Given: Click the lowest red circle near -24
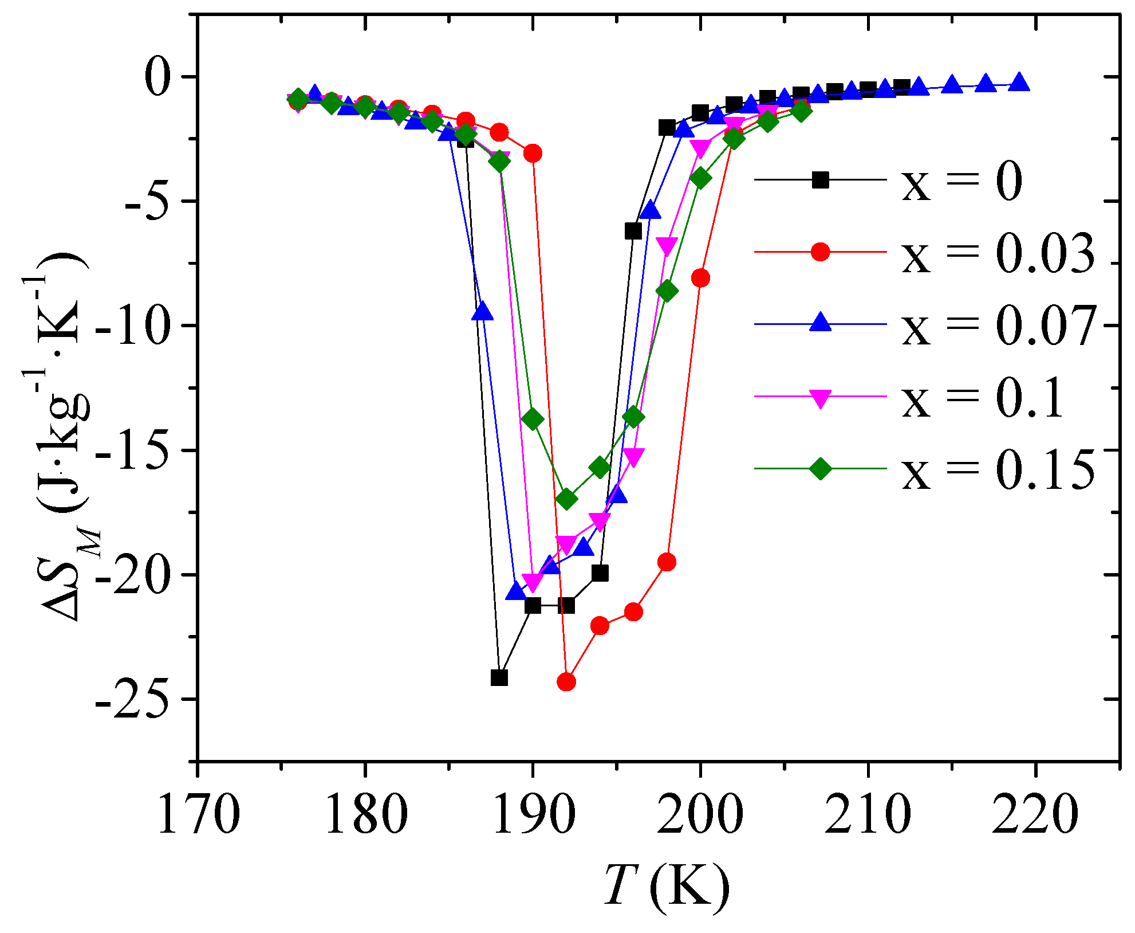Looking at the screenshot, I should tap(566, 681).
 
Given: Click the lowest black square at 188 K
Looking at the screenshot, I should tap(499, 678).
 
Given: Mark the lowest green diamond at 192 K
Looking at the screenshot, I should tap(566, 499).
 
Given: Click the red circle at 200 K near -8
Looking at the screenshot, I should tap(700, 279).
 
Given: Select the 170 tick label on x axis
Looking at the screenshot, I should tap(197, 814).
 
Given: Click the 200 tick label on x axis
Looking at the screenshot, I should tap(700, 814).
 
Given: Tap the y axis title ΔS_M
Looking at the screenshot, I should tap(63, 436).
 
